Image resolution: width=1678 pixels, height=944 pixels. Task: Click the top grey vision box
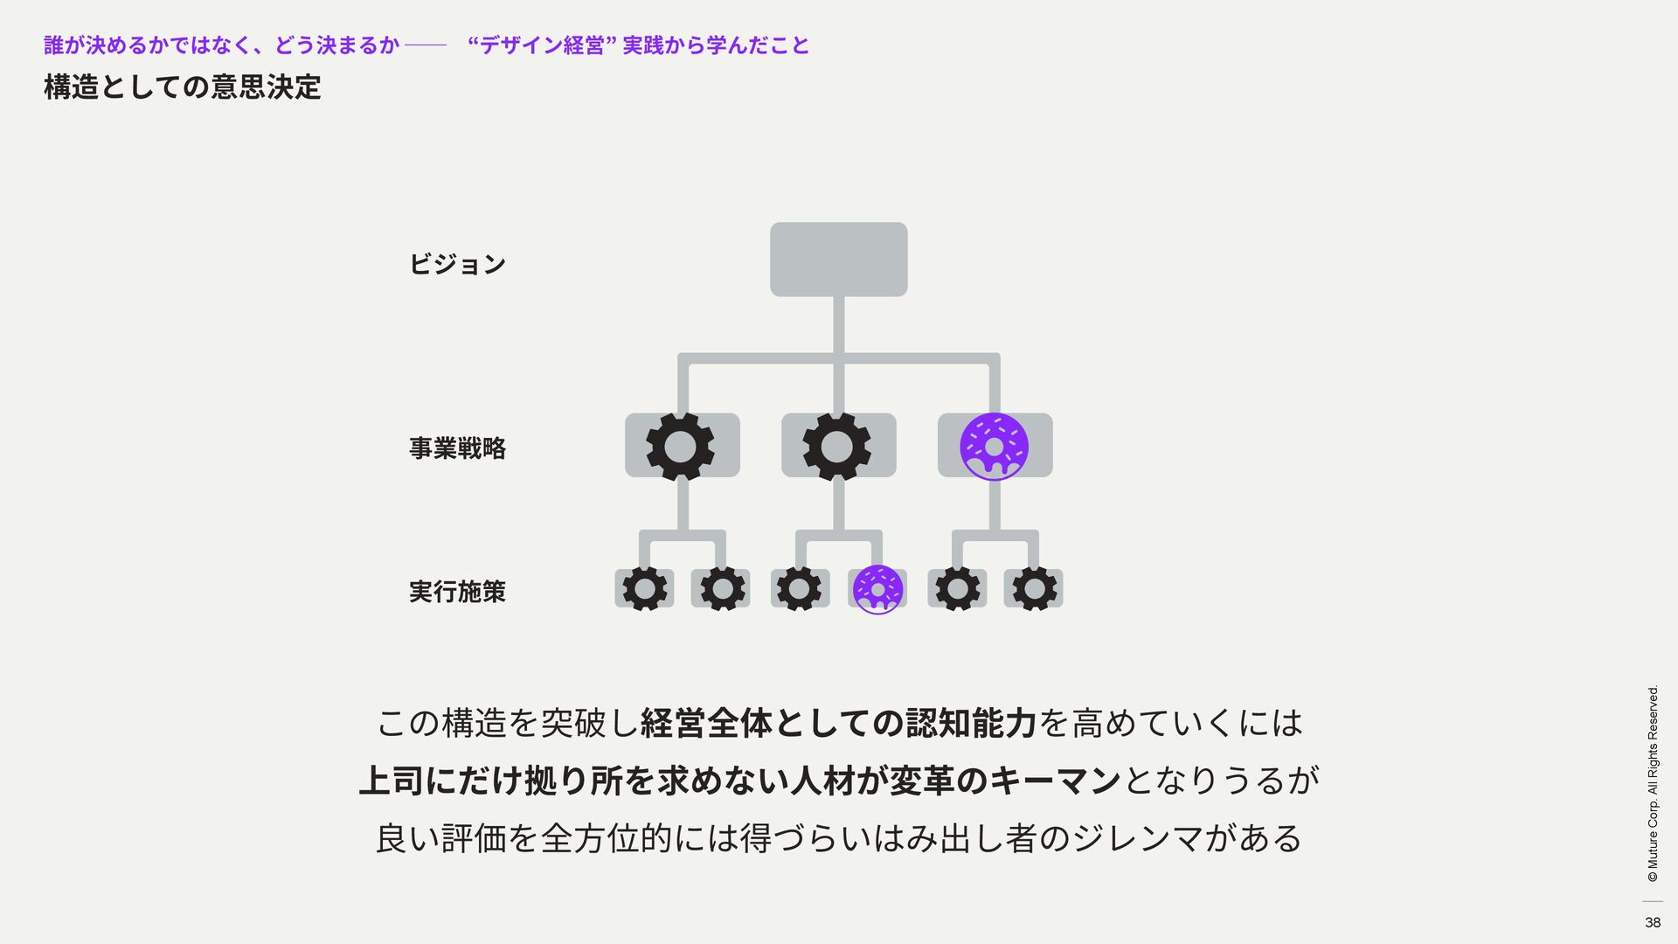pos(838,259)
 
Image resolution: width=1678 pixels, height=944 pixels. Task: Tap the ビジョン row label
pos(457,264)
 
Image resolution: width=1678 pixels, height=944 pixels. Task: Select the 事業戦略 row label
pos(457,448)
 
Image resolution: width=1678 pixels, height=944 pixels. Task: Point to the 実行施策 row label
pos(457,592)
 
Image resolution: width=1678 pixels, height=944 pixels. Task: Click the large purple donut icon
pos(994,447)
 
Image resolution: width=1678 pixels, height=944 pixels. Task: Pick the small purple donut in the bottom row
pos(877,589)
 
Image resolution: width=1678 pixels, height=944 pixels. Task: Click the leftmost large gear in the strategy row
pos(680,447)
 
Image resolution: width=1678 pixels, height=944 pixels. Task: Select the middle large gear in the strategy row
pos(837,447)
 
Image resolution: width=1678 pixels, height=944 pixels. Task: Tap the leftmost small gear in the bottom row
pos(645,589)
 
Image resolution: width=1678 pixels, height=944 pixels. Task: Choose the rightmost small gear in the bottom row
pos(1035,589)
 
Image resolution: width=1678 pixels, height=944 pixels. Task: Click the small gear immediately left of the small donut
pos(799,589)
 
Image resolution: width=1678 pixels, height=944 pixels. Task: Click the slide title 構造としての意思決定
pos(183,87)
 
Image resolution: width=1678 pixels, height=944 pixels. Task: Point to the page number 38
pos(1652,922)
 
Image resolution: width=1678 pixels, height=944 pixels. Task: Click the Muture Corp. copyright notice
pos(1653,783)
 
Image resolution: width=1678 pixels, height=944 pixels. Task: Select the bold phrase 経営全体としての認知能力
pos(838,724)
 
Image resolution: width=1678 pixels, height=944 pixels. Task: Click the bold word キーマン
pos(1055,781)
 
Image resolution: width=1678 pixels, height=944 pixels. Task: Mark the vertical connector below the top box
pos(838,325)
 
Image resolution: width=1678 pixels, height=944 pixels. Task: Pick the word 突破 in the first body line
pos(573,724)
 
